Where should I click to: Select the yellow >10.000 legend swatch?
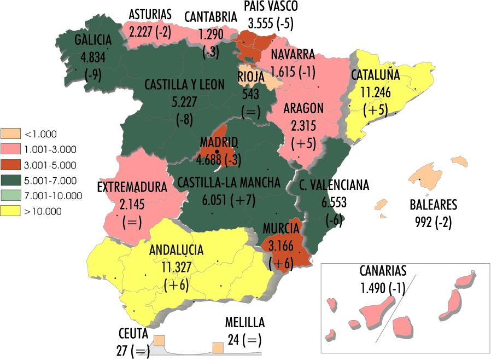point(11,211)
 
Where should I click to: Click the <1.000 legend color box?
point(11,133)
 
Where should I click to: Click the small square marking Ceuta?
point(159,341)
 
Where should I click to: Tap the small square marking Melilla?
point(218,348)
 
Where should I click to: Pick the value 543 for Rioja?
point(250,94)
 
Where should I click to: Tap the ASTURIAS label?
point(150,14)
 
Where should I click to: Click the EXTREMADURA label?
point(132,187)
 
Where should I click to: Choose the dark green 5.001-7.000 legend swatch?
point(11,180)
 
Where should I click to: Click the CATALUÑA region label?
point(375,75)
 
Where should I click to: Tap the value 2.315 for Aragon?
point(303,126)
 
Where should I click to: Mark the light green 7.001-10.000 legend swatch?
point(11,196)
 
